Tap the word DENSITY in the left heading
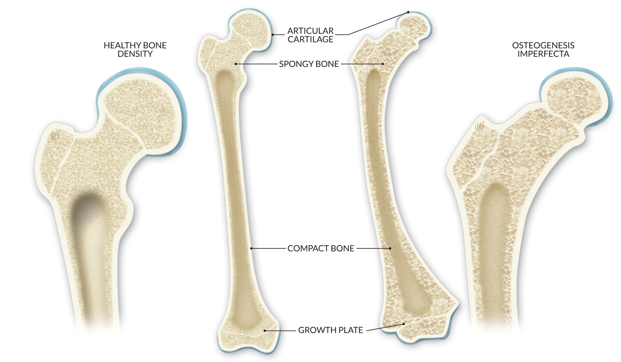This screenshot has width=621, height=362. click(x=135, y=54)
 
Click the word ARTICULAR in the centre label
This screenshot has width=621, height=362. click(x=310, y=31)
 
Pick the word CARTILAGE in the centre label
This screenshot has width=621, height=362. click(x=310, y=39)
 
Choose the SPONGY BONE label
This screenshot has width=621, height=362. click(x=309, y=64)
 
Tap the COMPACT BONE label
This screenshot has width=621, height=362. click(x=320, y=249)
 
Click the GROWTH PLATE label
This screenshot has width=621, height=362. click(x=330, y=330)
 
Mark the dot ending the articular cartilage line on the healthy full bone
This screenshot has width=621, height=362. click(x=273, y=34)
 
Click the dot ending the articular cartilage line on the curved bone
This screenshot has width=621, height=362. click(x=408, y=12)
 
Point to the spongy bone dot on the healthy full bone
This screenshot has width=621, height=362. click(x=236, y=64)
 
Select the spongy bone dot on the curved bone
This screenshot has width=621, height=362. click(x=383, y=64)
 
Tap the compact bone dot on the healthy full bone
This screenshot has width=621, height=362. click(x=251, y=249)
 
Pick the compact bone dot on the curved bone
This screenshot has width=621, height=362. click(x=390, y=249)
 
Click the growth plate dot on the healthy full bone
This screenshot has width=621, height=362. click(x=265, y=330)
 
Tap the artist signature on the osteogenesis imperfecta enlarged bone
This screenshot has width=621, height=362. click(x=479, y=127)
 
